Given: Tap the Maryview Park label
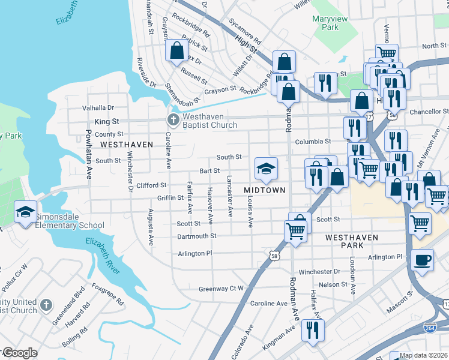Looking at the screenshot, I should coord(330,23).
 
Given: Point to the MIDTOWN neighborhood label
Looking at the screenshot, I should coord(265,190).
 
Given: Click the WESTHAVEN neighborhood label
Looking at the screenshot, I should coord(127,145).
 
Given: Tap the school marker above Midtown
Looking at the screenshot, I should coord(266,169).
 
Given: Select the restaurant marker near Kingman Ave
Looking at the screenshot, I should coord(313,330).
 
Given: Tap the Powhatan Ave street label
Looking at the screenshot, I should coord(89,155).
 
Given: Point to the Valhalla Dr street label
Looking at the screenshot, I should coord(98,108).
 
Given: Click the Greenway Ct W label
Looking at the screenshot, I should coord(221,289).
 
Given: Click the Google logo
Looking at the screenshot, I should coord(19,353).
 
